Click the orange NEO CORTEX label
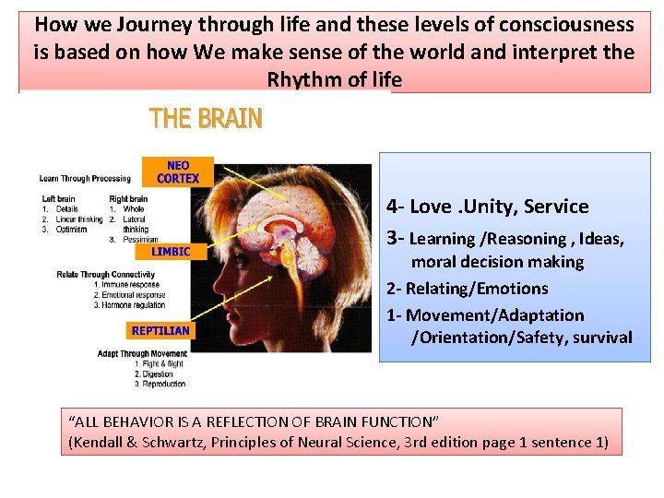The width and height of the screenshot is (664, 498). [178, 172]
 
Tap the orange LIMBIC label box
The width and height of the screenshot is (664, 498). [171, 251]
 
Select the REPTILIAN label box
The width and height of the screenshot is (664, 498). [160, 330]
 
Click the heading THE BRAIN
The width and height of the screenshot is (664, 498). [206, 119]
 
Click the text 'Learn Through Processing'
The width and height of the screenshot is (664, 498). [85, 178]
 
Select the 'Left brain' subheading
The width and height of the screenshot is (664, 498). [59, 199]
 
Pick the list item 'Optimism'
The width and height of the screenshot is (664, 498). [72, 230]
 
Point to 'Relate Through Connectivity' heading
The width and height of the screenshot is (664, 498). [108, 275]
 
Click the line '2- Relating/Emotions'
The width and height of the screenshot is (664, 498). [467, 289]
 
